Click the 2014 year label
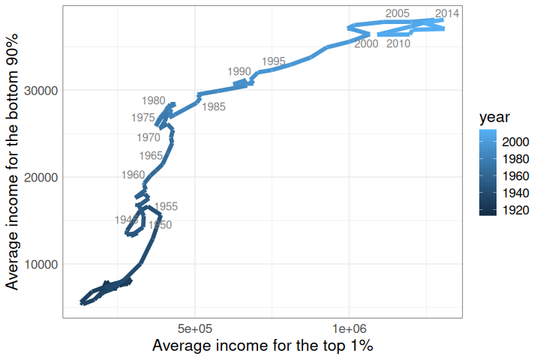tap(447, 13)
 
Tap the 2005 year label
tap(397, 13)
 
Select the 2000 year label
tap(366, 43)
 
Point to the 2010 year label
tap(398, 43)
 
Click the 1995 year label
tap(274, 61)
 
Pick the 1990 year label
tap(239, 71)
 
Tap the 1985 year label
tap(214, 107)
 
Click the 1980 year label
tap(153, 100)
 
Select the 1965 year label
tap(151, 156)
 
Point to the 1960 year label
tap(133, 175)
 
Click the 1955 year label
tap(166, 206)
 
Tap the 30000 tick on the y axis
tap(42, 90)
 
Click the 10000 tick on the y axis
tap(42, 264)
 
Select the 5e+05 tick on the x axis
tap(195, 328)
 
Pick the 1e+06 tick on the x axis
tap(349, 328)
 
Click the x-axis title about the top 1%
tap(262, 346)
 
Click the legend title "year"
tap(495, 117)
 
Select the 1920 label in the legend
tap(517, 211)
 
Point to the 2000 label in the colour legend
tap(517, 142)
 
